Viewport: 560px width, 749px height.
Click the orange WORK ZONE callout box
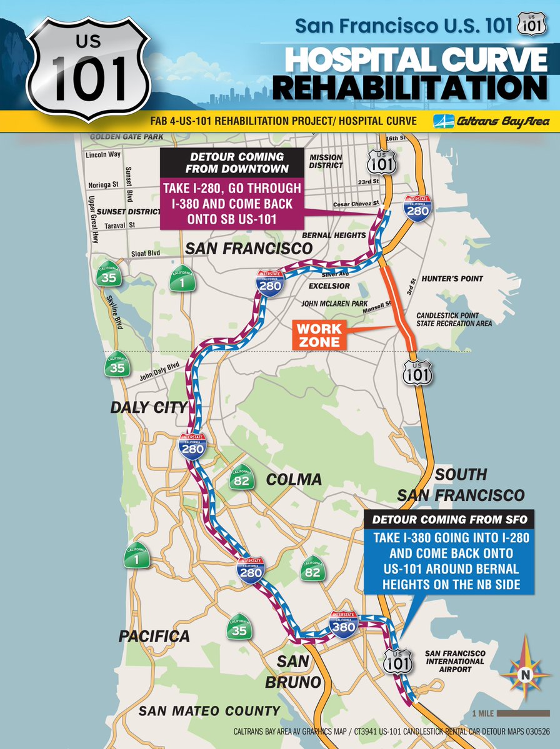(319, 335)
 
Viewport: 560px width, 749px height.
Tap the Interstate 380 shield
(343, 624)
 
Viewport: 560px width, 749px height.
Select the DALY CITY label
(149, 407)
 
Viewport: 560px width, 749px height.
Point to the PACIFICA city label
(154, 636)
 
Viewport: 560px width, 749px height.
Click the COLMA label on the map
(294, 480)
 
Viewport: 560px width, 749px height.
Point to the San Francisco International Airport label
(454, 661)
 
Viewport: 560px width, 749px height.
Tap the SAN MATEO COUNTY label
(209, 710)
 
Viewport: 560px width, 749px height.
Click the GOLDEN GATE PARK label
(127, 136)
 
